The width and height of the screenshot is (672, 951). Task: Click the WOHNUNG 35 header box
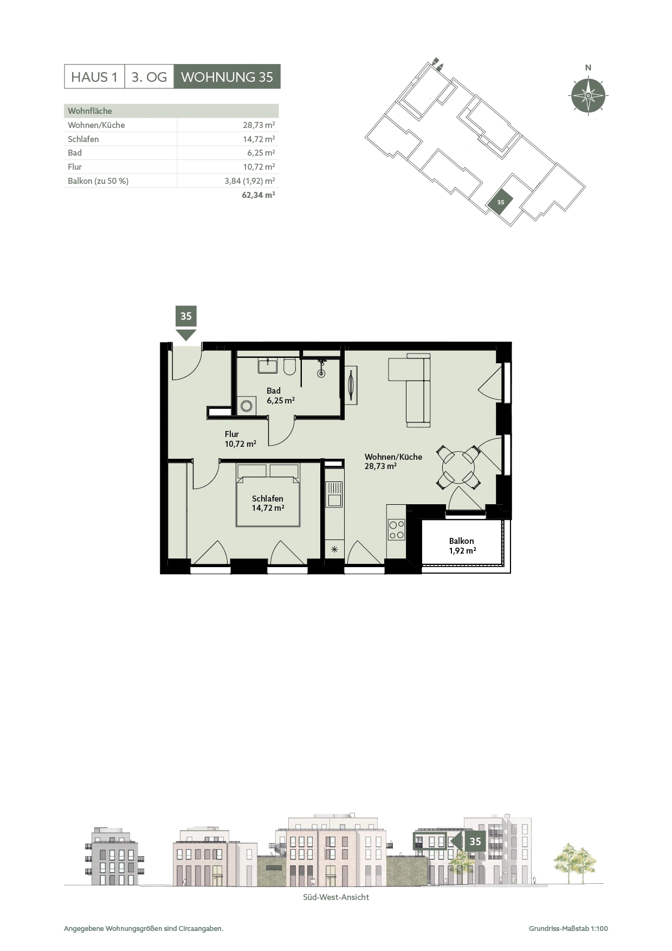(x=227, y=77)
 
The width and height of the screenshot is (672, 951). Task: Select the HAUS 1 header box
(x=94, y=77)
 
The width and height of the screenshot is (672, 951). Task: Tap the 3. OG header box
(x=149, y=77)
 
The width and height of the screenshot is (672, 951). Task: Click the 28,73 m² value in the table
(x=259, y=125)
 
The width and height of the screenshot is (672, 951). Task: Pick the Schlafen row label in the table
(x=83, y=139)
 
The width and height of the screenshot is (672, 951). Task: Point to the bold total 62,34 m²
(x=258, y=195)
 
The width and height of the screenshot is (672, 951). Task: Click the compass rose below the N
(x=588, y=95)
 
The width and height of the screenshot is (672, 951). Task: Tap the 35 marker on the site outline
(x=500, y=202)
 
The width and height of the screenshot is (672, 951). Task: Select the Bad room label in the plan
(x=274, y=390)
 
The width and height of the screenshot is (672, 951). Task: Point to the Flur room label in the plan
(x=231, y=434)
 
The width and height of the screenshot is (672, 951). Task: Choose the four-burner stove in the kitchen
(x=396, y=530)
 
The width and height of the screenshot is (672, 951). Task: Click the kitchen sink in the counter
(x=334, y=494)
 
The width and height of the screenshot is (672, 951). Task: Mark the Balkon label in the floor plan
(x=461, y=541)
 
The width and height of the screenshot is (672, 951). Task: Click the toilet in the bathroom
(x=289, y=367)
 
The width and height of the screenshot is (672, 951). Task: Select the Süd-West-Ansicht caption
(x=336, y=897)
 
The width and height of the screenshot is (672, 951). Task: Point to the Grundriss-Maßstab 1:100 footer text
(x=568, y=929)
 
